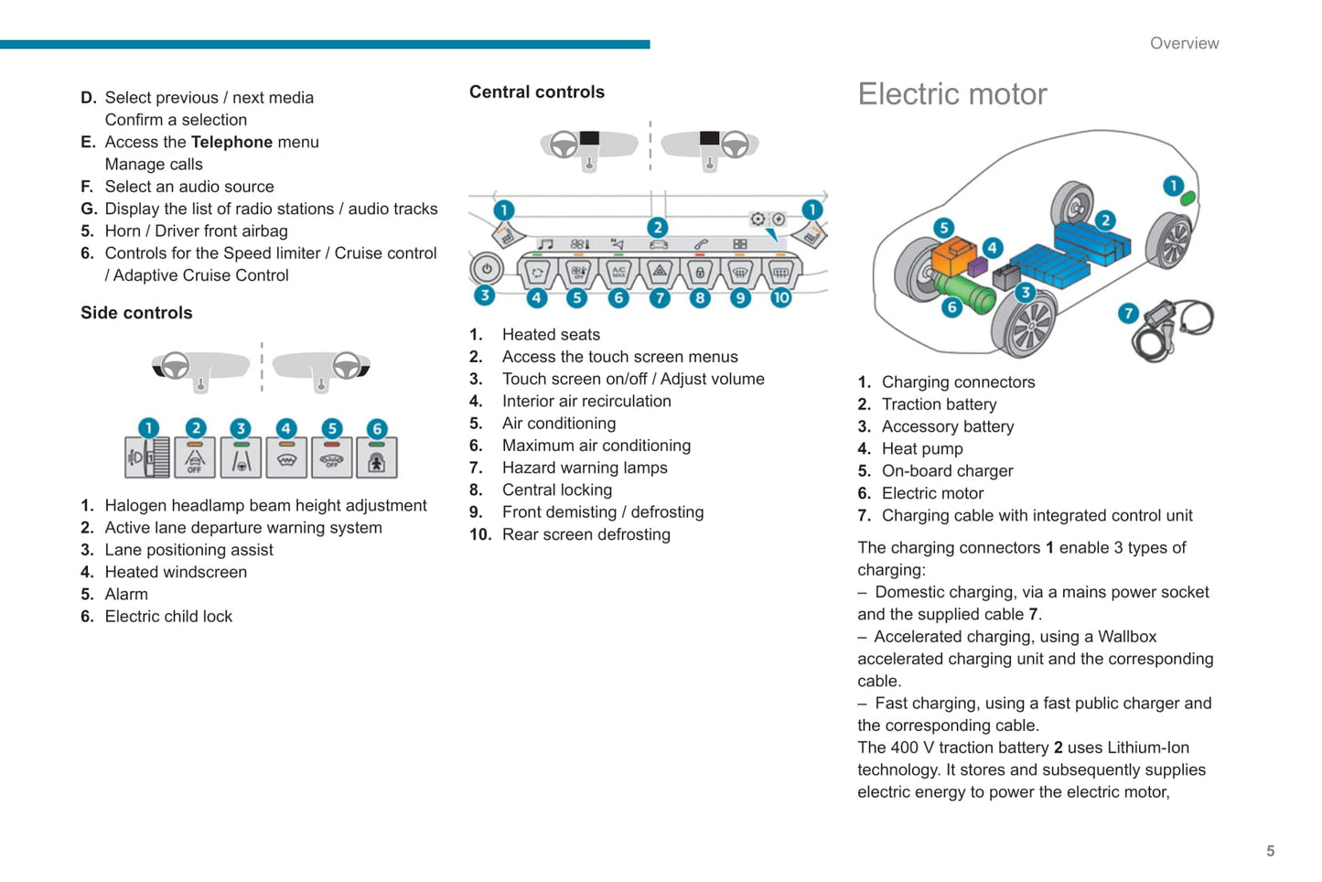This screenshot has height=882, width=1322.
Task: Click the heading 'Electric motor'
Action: click(x=951, y=94)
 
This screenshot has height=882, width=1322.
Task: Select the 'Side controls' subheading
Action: click(x=136, y=313)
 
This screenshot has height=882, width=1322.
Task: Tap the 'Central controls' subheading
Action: click(x=537, y=92)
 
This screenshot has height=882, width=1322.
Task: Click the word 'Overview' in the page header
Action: click(x=1184, y=43)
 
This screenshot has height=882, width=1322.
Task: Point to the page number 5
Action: click(x=1270, y=851)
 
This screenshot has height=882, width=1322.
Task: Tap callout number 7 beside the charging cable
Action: click(x=1128, y=314)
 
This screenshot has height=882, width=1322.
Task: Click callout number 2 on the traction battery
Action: click(x=1105, y=220)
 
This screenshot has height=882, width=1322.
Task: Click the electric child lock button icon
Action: click(x=376, y=457)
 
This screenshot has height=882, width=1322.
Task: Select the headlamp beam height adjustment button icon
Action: click(x=147, y=457)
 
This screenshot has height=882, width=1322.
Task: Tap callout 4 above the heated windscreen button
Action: click(x=286, y=428)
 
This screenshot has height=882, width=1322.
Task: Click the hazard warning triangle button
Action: click(x=659, y=272)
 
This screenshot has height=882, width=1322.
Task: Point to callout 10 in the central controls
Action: click(x=780, y=297)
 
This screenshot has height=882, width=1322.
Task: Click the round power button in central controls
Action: click(x=487, y=270)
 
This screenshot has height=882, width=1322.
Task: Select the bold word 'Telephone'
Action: click(x=231, y=142)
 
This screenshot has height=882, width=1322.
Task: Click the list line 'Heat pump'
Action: click(x=921, y=449)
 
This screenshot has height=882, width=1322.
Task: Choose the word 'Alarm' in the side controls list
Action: click(x=126, y=595)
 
